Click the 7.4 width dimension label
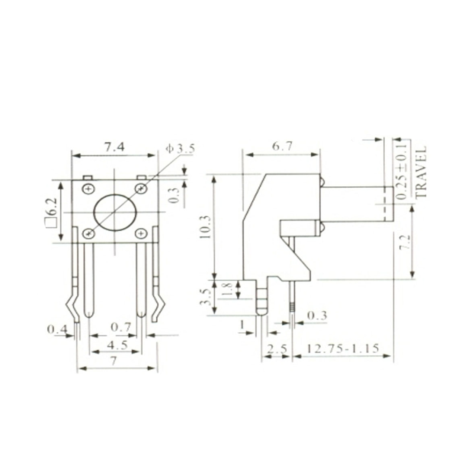[114, 147]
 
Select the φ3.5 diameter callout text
[179, 149]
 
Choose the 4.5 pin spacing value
[116, 345]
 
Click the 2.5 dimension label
[277, 349]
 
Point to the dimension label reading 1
[242, 324]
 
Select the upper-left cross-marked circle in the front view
[88, 189]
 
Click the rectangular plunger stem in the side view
[356, 204]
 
